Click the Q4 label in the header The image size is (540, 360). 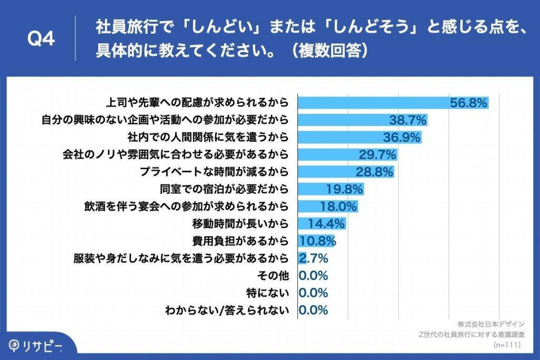coord(41,40)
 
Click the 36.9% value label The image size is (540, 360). coord(402,138)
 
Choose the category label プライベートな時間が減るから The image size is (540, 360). coord(215,172)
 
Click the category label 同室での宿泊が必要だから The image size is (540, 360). coord(225,189)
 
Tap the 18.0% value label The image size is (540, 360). coord(339,206)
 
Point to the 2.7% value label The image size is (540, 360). coord(314,258)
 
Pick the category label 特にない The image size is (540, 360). coord(269,293)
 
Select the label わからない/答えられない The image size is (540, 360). coord(227,310)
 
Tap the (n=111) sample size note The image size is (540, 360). coord(507,345)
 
